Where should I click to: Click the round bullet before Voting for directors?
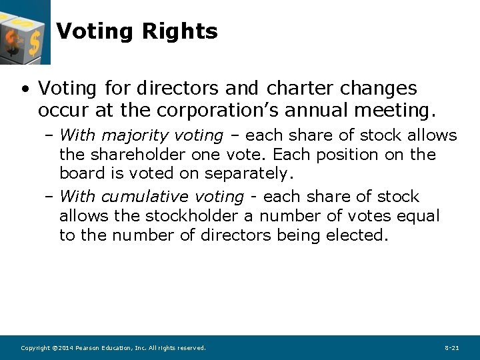[x=25, y=89]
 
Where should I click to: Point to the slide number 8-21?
[x=451, y=348]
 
